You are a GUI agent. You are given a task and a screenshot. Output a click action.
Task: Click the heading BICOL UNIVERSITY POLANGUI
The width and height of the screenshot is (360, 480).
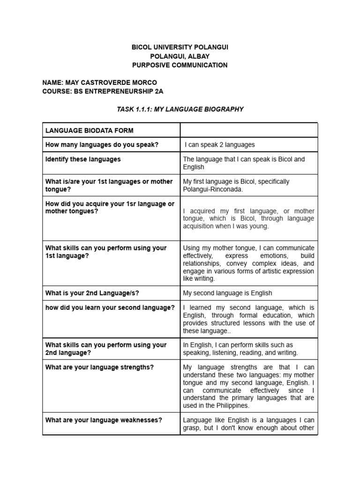(180, 48)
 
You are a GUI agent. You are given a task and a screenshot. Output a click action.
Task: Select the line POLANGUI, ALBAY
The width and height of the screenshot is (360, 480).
(180, 56)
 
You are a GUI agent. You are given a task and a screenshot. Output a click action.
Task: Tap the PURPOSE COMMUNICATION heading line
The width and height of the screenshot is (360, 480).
(180, 65)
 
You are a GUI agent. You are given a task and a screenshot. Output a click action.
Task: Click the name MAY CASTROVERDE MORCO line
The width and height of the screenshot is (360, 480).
(99, 82)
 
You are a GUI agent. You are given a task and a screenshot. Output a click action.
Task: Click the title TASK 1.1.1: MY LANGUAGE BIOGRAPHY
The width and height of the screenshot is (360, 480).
(180, 109)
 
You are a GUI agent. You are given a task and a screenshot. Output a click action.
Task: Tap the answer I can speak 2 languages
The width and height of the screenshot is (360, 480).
(219, 145)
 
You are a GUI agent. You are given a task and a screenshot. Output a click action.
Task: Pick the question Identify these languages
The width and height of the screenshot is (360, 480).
(83, 159)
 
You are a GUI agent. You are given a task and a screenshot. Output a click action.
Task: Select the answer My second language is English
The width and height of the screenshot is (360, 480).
(227, 293)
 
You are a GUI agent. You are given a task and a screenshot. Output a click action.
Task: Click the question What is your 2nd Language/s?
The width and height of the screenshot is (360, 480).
(92, 293)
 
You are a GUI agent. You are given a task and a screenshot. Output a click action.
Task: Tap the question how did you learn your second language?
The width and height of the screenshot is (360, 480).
(110, 307)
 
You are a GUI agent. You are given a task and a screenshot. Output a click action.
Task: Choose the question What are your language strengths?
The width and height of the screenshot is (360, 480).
(99, 367)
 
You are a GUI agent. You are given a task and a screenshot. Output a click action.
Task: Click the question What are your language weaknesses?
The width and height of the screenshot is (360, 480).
(104, 420)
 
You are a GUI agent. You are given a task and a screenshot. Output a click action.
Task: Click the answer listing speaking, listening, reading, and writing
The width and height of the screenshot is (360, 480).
(240, 352)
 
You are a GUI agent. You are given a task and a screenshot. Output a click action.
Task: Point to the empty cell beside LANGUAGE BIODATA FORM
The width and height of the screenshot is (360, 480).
(249, 130)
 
